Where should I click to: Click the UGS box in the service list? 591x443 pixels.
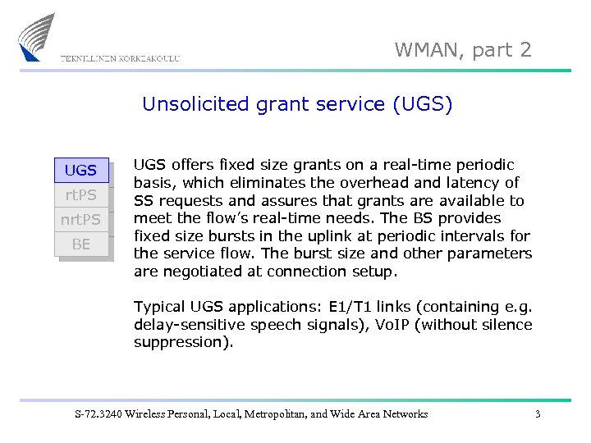tap(80, 171)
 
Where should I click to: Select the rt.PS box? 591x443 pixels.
tap(80, 195)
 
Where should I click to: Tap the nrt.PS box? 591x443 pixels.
tap(80, 220)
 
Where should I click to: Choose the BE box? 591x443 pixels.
tap(80, 244)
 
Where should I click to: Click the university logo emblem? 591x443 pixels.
tap(39, 37)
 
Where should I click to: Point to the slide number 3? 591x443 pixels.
tap(538, 414)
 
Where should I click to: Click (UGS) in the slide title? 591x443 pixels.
tap(422, 104)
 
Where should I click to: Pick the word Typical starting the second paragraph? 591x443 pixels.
tap(160, 307)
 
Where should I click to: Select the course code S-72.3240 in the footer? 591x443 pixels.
tap(98, 414)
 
